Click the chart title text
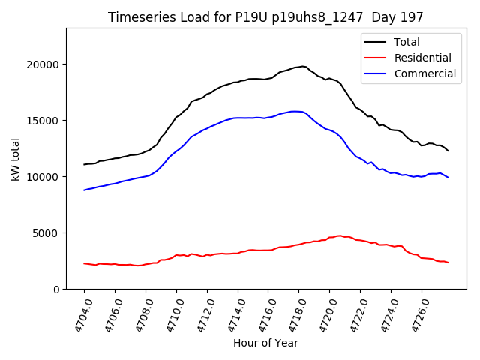click(x=265, y=17)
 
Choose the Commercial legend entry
click(x=424, y=73)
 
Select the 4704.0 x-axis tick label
click(x=77, y=315)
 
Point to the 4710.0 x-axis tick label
click(x=169, y=315)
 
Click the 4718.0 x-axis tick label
click(x=292, y=315)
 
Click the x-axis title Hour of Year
click(x=265, y=343)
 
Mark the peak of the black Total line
click(x=303, y=66)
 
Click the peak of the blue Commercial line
click(x=295, y=111)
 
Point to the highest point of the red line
click(x=340, y=235)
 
